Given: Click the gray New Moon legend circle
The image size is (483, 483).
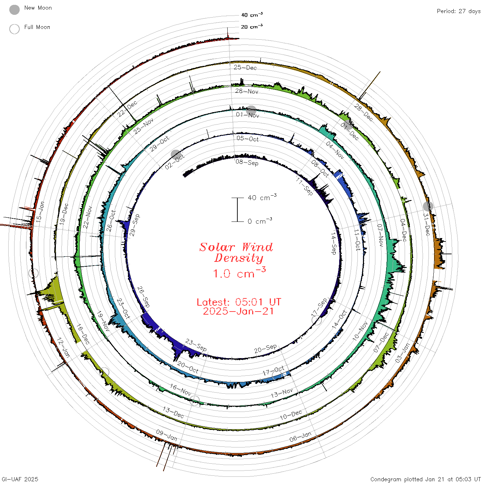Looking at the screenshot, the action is click(14, 10).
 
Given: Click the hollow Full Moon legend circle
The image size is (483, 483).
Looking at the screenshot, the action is click(14, 29).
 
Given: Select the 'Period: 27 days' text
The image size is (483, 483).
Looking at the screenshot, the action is click(459, 11).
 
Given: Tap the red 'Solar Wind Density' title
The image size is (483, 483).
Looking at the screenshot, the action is click(236, 253).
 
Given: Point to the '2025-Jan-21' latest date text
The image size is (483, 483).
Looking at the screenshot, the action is click(238, 311).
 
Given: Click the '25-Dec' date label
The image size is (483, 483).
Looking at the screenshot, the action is click(245, 67).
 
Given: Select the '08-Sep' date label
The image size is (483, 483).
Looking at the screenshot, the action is click(247, 162).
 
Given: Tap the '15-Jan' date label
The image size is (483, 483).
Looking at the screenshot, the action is click(40, 211).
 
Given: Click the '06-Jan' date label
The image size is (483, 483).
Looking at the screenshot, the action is click(300, 437).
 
